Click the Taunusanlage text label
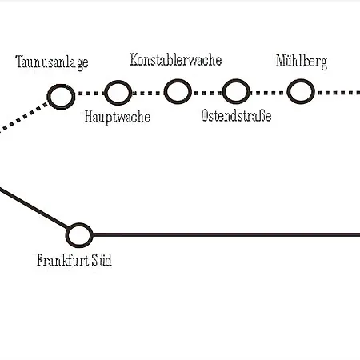click(x=52, y=62)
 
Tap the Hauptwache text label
click(x=118, y=117)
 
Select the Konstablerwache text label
click(x=176, y=60)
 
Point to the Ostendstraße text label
click(x=236, y=115)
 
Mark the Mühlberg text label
click(x=302, y=62)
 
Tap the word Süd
click(x=102, y=260)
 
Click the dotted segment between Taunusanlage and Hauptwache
click(x=90, y=94)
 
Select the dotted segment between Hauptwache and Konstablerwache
click(x=148, y=93)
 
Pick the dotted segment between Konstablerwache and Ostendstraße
click(x=207, y=93)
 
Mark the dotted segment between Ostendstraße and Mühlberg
click(x=269, y=93)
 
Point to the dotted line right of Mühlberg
click(x=338, y=93)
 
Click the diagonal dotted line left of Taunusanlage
click(x=24, y=118)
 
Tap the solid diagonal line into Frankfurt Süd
click(x=34, y=208)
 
